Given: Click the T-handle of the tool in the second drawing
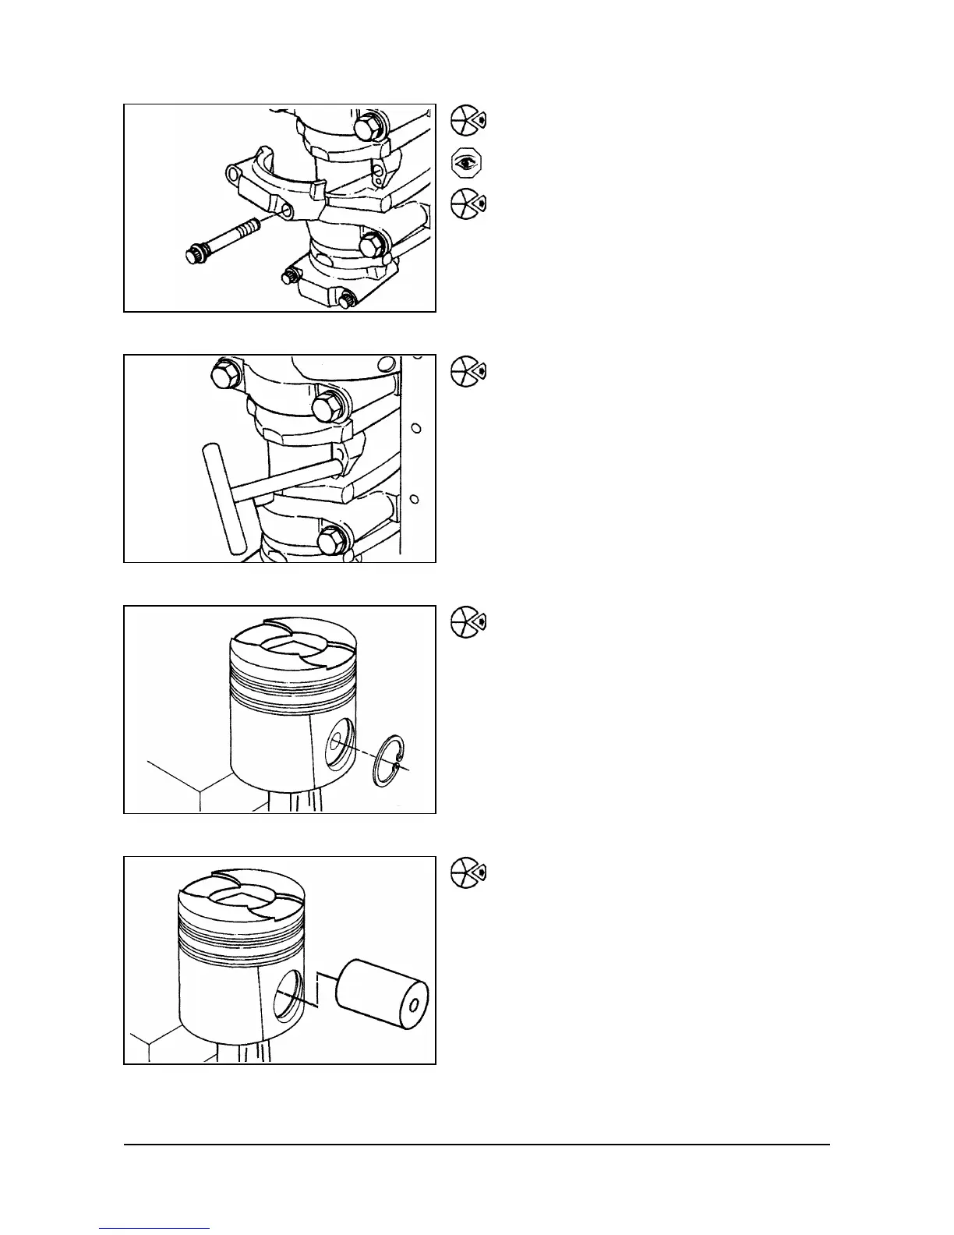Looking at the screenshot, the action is [224, 499].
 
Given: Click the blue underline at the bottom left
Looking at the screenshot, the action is [155, 1229].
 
